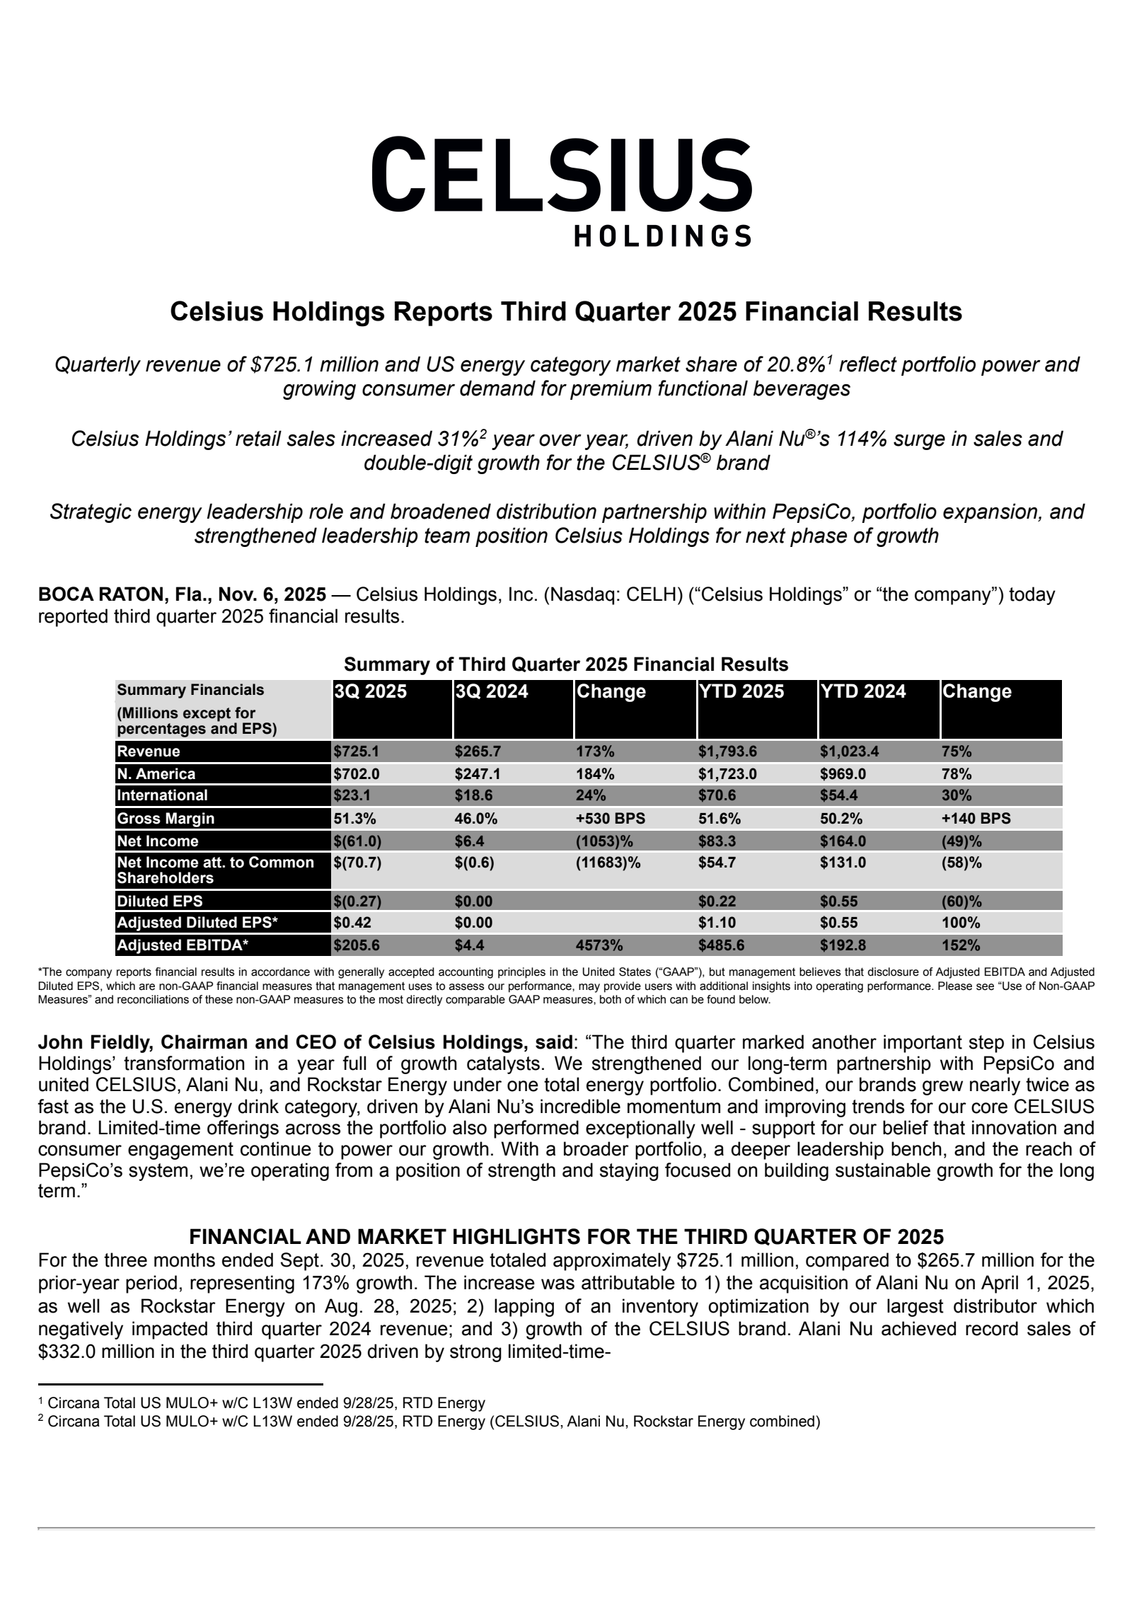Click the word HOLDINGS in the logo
[662, 236]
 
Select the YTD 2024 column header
[862, 691]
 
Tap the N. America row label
[156, 773]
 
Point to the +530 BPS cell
[611, 819]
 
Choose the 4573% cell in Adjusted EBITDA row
[599, 945]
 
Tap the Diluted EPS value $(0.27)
[357, 901]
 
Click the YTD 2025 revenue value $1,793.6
[727, 751]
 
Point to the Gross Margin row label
[166, 819]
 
